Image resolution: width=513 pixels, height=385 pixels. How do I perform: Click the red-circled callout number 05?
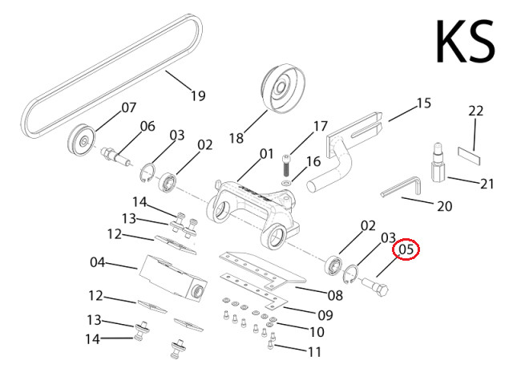coord(406,250)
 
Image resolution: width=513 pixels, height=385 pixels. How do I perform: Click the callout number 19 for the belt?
coord(197,96)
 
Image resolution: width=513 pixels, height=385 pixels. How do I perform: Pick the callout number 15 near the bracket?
coord(423,103)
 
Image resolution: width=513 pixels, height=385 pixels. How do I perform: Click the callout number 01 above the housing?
coord(267,152)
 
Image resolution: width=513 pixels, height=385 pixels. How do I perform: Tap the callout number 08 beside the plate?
coord(334,295)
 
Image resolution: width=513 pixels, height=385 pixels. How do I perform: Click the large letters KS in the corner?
coord(464,42)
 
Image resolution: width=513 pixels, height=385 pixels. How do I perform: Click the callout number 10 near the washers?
coord(316,331)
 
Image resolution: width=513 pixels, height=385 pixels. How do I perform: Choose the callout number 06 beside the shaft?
coord(147,126)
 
